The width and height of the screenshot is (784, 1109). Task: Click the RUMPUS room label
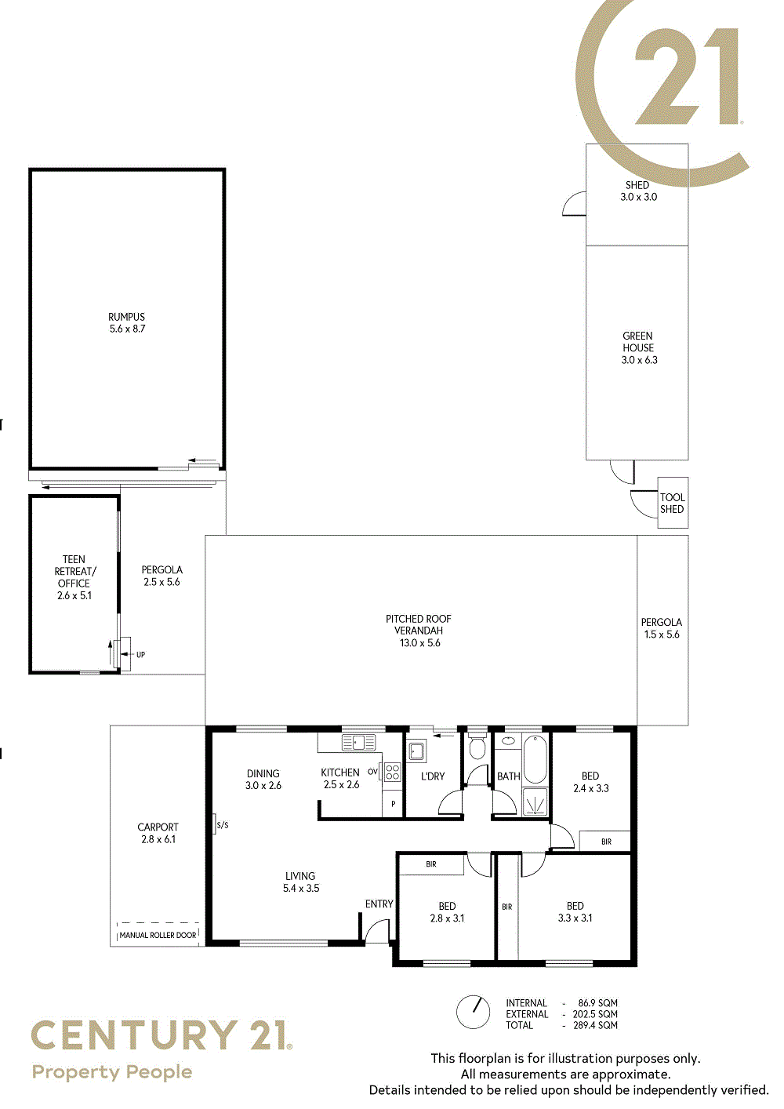[127, 317]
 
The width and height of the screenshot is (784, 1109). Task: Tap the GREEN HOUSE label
[638, 342]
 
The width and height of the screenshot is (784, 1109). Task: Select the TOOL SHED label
[672, 503]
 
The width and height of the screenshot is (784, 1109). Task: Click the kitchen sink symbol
[359, 743]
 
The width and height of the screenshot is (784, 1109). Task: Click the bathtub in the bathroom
[535, 759]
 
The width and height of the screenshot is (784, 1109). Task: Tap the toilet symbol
[477, 747]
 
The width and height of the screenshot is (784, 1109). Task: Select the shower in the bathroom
[535, 802]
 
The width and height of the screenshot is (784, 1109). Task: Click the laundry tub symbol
[416, 751]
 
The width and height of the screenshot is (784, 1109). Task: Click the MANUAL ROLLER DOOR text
[158, 935]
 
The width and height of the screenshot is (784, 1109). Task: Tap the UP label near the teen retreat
[140, 655]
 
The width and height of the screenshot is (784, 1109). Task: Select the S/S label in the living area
[223, 825]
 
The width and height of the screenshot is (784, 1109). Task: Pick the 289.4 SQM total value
[595, 1025]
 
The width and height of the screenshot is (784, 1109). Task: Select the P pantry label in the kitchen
[393, 804]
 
